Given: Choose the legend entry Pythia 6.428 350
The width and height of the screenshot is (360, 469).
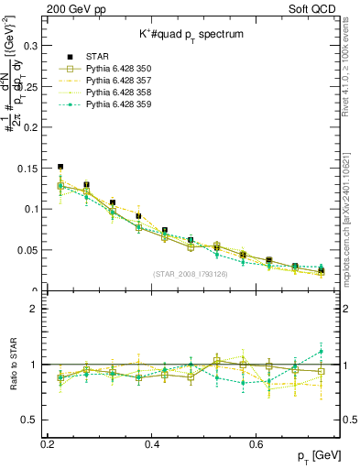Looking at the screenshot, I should pos(120,69).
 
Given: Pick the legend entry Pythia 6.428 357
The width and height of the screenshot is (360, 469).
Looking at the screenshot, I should pos(120,81).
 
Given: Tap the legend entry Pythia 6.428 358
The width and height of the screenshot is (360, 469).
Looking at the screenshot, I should pos(120,93).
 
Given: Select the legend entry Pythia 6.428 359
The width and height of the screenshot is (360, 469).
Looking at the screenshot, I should pos(120,104).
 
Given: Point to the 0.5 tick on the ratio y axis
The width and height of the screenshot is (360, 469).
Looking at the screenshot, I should pos(30,420).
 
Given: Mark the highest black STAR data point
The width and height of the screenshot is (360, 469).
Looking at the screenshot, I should pos(60,167).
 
